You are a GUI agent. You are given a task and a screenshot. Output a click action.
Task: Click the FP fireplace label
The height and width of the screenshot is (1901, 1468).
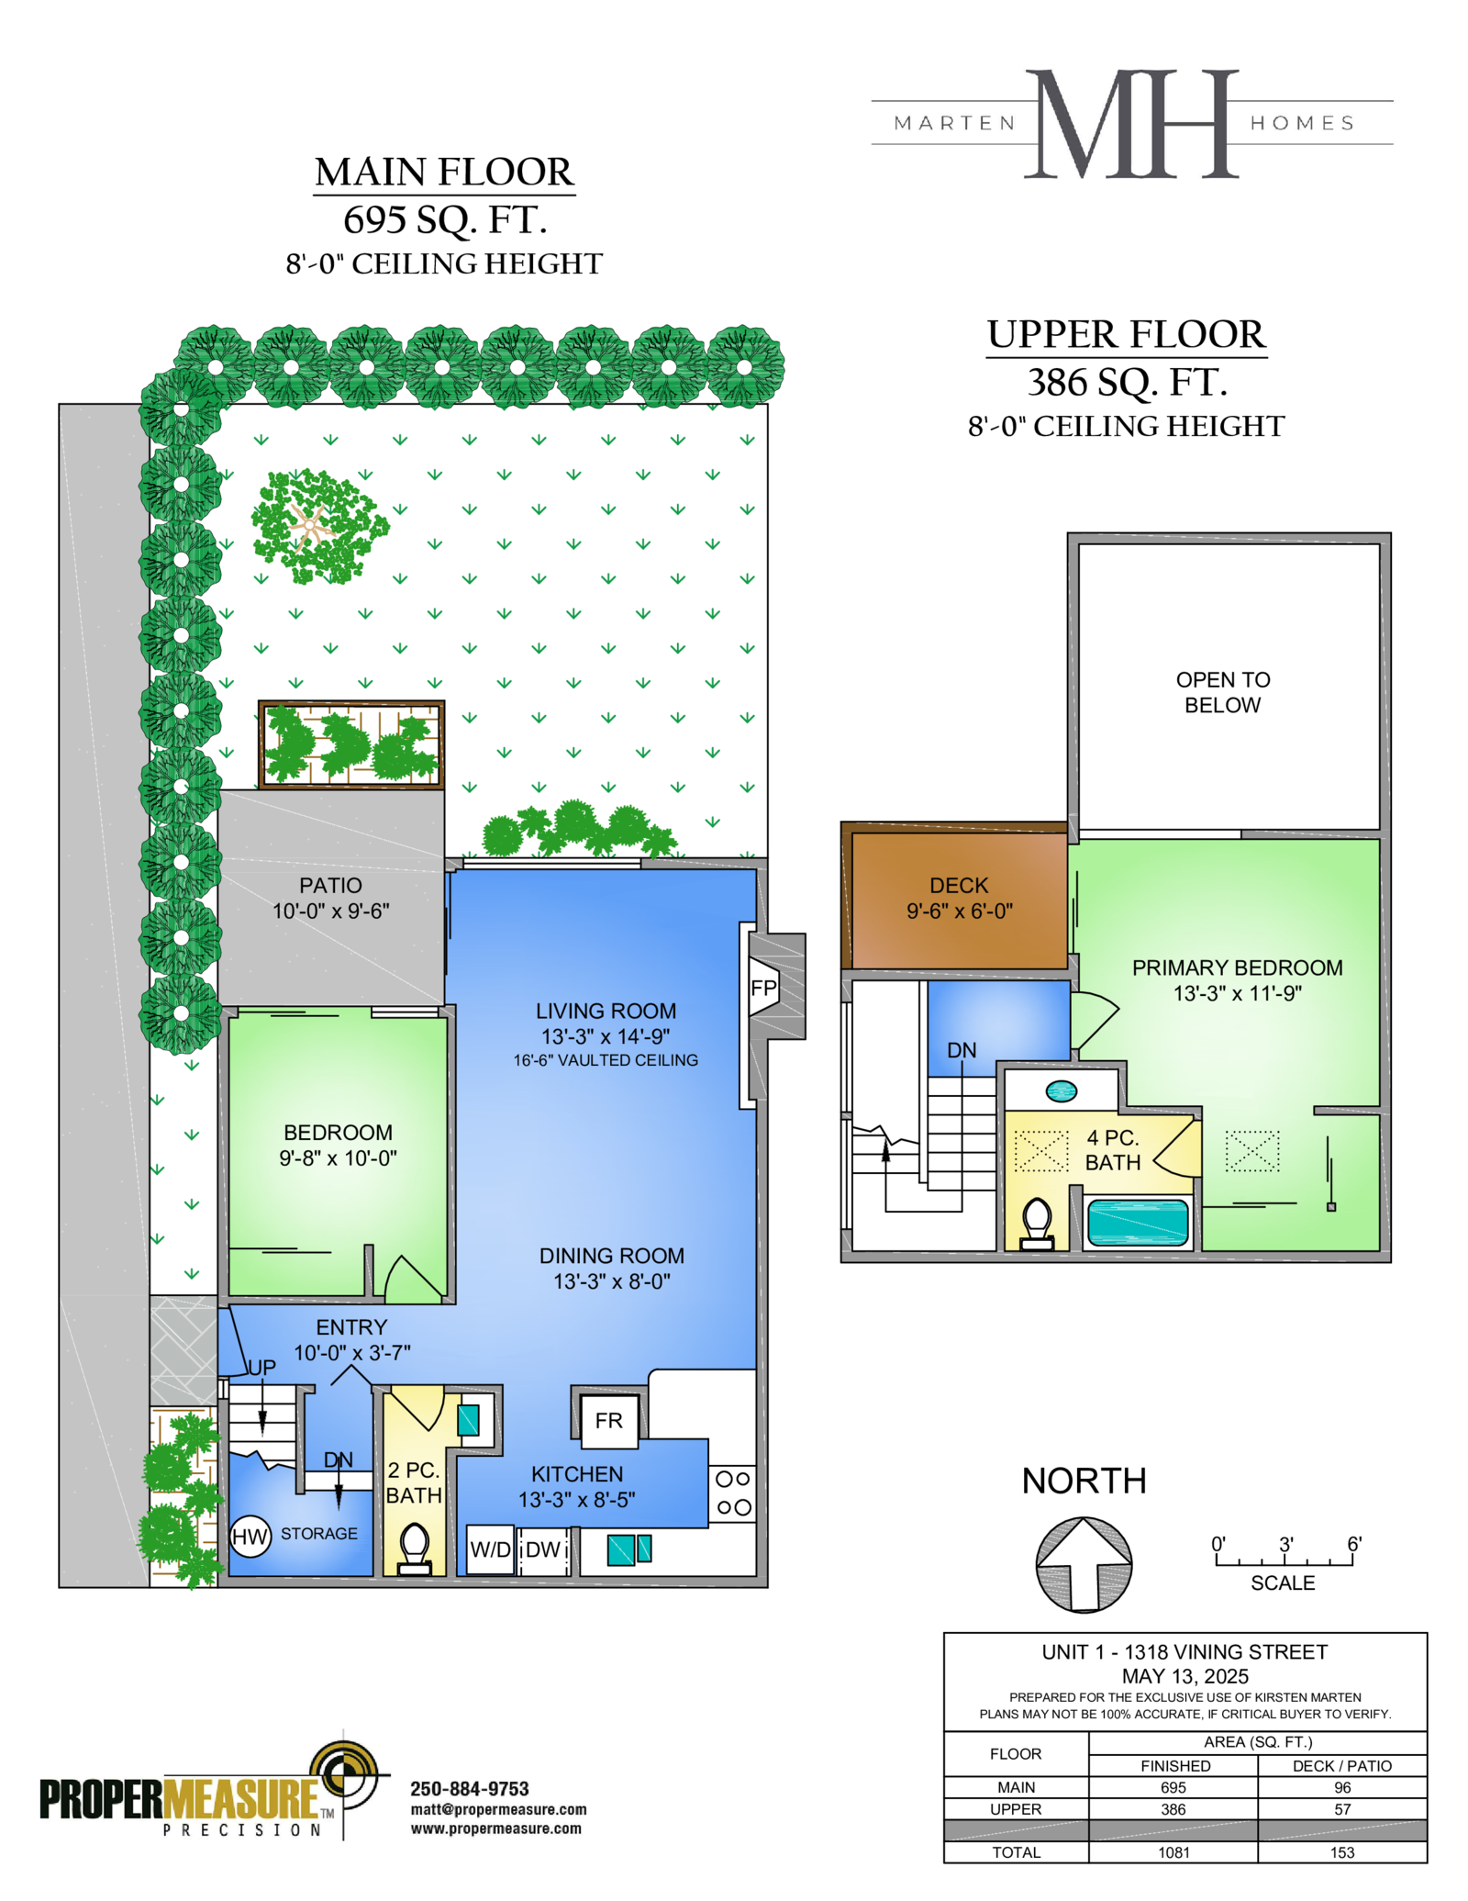click(x=763, y=988)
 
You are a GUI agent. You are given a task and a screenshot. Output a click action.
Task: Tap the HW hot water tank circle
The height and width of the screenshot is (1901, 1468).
click(x=250, y=1537)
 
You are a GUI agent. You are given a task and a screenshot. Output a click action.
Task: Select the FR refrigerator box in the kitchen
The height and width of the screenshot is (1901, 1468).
click(x=608, y=1420)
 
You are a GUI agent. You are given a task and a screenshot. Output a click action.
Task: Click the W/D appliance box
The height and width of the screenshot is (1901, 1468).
click(x=490, y=1550)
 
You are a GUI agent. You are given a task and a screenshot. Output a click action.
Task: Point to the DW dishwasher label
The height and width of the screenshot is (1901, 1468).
click(x=543, y=1549)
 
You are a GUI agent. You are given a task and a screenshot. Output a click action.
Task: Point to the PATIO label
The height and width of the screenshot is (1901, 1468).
click(x=330, y=886)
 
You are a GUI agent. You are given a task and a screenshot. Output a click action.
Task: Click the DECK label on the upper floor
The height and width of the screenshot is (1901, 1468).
click(x=959, y=886)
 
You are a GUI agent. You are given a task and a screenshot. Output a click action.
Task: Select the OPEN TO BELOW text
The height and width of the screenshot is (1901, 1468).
click(x=1223, y=692)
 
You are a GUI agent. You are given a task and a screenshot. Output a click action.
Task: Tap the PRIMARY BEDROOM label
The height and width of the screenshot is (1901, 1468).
click(x=1237, y=967)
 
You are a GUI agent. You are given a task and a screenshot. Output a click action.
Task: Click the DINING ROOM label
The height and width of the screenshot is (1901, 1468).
click(x=612, y=1256)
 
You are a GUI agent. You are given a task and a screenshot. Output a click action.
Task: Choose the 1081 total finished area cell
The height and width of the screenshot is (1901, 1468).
click(x=1173, y=1852)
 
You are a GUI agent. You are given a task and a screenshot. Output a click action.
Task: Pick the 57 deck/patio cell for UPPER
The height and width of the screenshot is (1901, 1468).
click(x=1342, y=1809)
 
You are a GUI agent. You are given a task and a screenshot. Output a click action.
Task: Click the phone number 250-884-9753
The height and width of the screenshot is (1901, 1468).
click(x=470, y=1789)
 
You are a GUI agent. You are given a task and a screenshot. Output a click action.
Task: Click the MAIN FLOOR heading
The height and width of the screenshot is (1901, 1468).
click(x=444, y=172)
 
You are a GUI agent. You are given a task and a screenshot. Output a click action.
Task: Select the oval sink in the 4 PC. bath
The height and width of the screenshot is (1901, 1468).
click(x=1062, y=1090)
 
